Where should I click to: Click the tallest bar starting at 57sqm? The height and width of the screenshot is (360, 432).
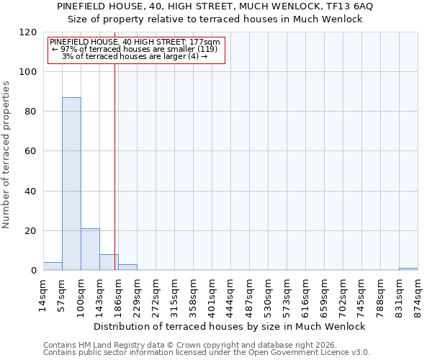pos(71,184)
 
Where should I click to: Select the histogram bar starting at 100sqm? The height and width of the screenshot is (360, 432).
pos(90,249)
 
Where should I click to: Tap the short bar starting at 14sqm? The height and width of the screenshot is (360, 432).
pos(53,266)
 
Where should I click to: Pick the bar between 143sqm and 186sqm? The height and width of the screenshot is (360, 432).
pos(109,262)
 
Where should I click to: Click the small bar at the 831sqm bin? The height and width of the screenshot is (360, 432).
pos(408,269)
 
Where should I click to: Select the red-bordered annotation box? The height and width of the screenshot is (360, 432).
pos(136,50)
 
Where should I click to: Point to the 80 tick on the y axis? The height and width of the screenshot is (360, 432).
pos(31,112)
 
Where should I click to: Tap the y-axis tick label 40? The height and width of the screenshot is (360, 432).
pos(31,192)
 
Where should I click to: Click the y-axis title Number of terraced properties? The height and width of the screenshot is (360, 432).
pos(7,155)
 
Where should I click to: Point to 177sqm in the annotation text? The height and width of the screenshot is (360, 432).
pos(206,42)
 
